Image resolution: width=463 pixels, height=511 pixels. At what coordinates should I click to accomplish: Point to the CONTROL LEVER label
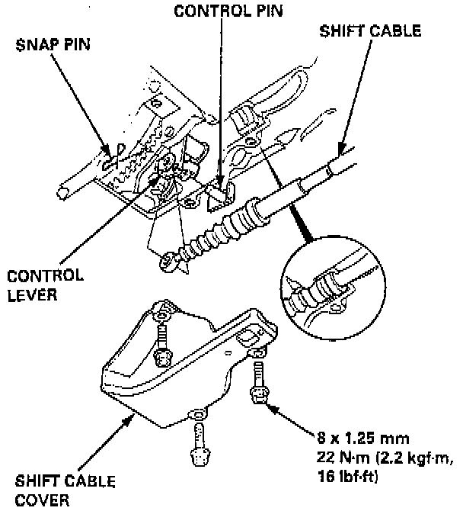pos(44,283)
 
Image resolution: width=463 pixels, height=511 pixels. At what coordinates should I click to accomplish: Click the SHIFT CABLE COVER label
pos(65,490)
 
